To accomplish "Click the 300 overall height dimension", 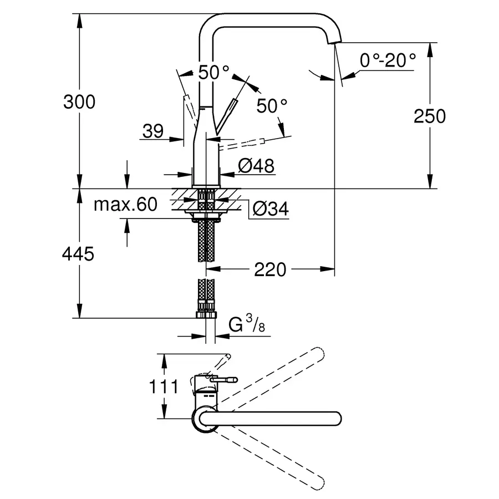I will (x=79, y=102).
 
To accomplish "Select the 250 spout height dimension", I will (x=430, y=116).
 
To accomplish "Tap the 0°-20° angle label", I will (x=387, y=60).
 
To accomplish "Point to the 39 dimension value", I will (x=152, y=131).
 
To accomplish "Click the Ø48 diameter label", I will (x=256, y=166).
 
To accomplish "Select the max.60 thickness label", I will (x=125, y=205).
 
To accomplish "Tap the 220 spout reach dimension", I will (x=270, y=269).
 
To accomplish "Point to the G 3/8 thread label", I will (x=247, y=325).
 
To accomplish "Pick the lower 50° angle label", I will (x=272, y=105).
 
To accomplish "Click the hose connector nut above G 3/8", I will (x=206, y=314).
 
